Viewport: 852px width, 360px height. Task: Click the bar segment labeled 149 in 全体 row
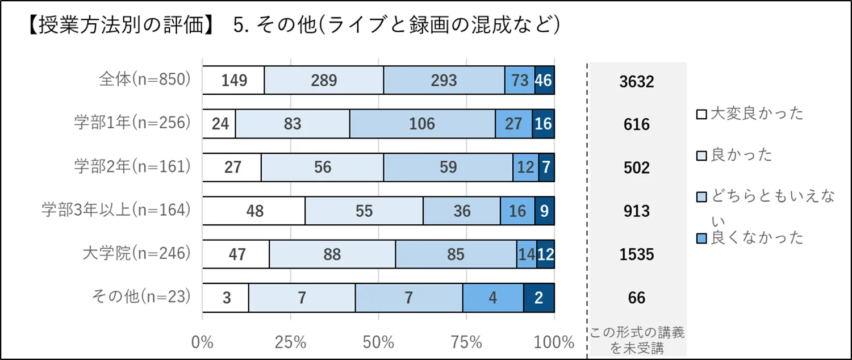point(233,80)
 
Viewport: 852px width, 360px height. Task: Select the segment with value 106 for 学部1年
point(422,124)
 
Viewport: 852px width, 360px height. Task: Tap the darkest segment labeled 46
point(544,80)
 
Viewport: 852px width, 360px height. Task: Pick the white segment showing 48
point(254,211)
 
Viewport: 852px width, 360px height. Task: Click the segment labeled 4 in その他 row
point(492,298)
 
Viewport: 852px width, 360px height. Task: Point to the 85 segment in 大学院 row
point(456,254)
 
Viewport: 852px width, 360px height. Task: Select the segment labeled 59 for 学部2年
point(448,168)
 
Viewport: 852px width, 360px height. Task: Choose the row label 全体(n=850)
point(144,79)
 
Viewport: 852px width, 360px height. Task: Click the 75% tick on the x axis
point(466,342)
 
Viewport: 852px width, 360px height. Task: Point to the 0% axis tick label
point(203,342)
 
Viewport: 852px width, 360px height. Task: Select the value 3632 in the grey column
point(637,81)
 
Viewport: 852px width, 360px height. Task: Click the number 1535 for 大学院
point(637,254)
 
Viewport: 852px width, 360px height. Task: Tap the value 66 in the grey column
point(637,298)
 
